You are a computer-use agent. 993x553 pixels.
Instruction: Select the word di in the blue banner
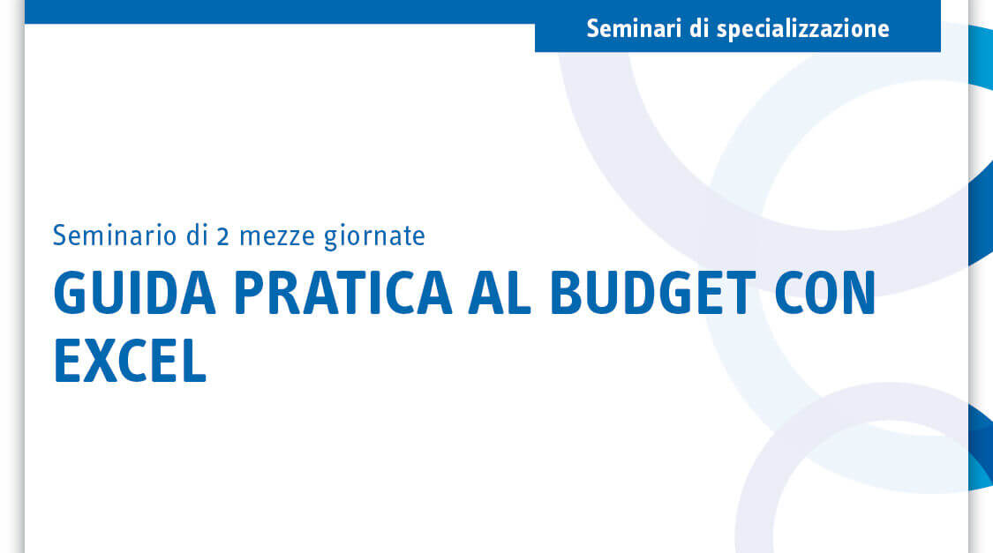click(698, 28)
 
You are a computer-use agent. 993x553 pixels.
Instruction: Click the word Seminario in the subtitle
click(115, 235)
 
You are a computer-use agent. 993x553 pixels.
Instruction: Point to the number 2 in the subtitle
click(222, 236)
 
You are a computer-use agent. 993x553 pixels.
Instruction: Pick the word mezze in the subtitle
click(277, 238)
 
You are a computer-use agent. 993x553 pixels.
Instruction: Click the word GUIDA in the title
click(135, 293)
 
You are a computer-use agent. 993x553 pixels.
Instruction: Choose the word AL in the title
click(499, 293)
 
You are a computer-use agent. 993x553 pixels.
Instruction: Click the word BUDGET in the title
click(652, 293)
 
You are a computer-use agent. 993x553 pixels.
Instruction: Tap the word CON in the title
click(825, 293)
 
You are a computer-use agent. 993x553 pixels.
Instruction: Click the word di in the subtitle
click(197, 235)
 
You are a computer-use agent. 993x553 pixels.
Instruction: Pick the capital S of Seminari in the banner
click(593, 29)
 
